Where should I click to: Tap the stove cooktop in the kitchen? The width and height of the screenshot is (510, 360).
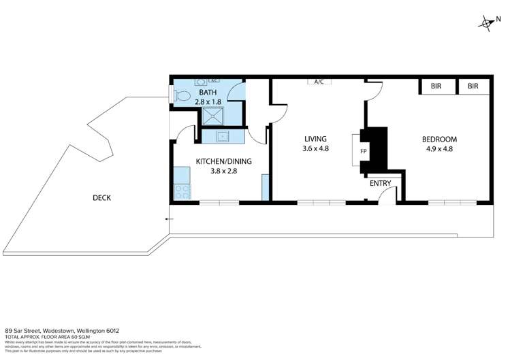point(182,193)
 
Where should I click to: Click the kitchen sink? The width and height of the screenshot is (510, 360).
point(223,136)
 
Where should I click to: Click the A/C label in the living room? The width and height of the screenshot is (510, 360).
point(319,82)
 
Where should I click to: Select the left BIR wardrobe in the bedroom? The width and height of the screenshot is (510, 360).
point(436,87)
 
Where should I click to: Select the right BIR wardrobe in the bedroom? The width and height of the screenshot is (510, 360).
point(473,87)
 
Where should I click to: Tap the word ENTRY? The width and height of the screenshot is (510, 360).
point(380,184)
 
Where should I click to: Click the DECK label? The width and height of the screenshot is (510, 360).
point(102,198)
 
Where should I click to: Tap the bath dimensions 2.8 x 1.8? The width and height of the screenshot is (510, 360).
point(208,101)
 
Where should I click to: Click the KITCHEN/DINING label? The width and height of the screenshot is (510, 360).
point(219,161)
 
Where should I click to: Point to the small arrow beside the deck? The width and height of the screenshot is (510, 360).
point(167,219)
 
